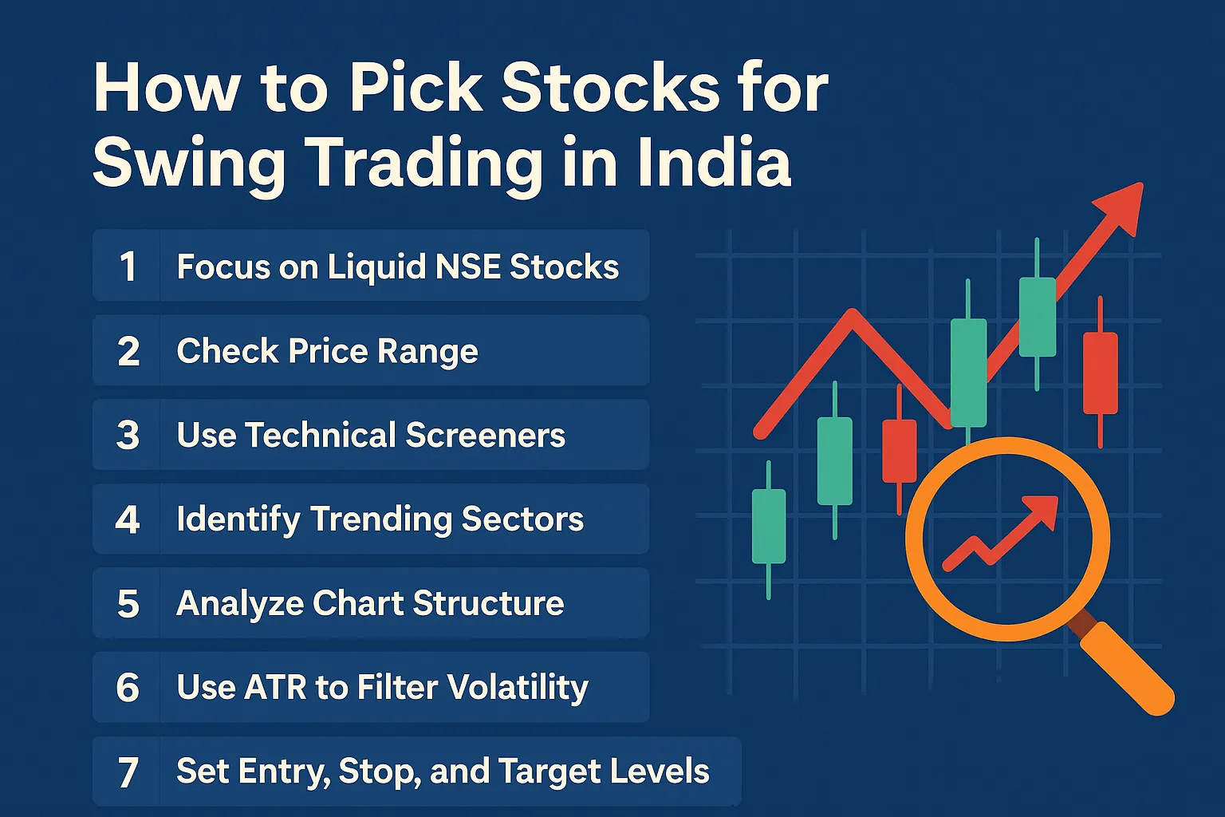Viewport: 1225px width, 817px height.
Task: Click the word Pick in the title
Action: coord(416,87)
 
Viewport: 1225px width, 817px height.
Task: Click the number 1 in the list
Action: coord(128,266)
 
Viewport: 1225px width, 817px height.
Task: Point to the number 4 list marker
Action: coord(128,519)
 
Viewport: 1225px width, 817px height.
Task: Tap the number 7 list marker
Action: coord(128,772)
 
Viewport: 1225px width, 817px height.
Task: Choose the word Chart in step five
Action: coord(358,603)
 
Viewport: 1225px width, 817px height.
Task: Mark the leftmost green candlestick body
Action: coord(769,527)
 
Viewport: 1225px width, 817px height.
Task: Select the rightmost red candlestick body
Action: coord(1100,373)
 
